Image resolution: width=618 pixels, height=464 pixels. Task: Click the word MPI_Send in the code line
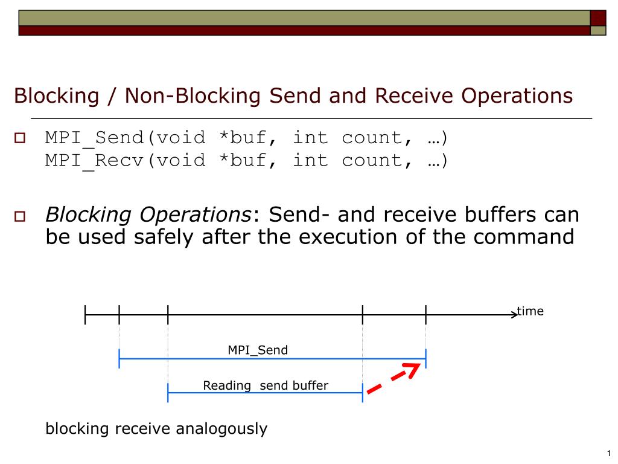click(x=94, y=138)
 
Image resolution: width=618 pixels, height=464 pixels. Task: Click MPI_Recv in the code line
click(x=94, y=161)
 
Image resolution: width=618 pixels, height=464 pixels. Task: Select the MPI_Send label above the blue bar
click(x=258, y=350)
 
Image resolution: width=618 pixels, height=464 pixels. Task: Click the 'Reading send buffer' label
click(x=266, y=385)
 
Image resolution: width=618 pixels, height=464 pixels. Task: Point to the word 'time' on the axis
click(x=530, y=311)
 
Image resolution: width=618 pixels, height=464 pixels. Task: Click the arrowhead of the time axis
click(x=513, y=314)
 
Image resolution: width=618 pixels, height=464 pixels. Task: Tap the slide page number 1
click(x=609, y=454)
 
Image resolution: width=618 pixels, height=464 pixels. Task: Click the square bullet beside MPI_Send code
click(x=19, y=139)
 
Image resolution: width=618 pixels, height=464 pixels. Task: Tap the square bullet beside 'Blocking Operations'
click(x=19, y=216)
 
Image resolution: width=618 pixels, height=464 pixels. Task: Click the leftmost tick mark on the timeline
click(x=86, y=314)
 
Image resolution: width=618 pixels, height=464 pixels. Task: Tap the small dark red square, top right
click(x=597, y=18)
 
